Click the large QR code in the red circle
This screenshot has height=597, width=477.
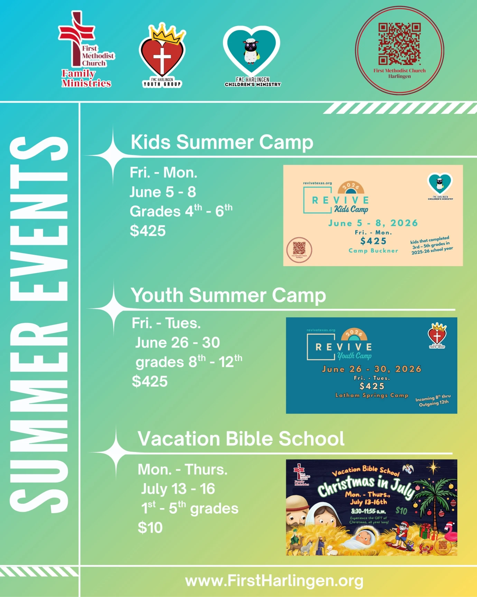pyautogui.click(x=399, y=44)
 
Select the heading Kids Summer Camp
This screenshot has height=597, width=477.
pyautogui.click(x=222, y=142)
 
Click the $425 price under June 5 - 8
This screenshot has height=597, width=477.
pyautogui.click(x=148, y=231)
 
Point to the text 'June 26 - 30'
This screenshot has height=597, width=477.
pyautogui.click(x=177, y=343)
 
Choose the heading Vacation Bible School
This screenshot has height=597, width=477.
pyautogui.click(x=241, y=438)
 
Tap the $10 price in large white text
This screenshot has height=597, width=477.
pyautogui.click(x=150, y=527)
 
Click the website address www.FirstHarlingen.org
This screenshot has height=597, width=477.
pyautogui.click(x=274, y=581)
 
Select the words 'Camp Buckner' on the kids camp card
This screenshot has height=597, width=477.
pyautogui.click(x=373, y=251)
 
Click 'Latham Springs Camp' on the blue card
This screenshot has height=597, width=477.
pyautogui.click(x=372, y=395)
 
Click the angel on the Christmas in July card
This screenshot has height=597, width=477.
pyautogui.click(x=408, y=469)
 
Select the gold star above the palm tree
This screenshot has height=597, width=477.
pyautogui.click(x=433, y=467)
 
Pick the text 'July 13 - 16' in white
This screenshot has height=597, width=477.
pyautogui.click(x=178, y=489)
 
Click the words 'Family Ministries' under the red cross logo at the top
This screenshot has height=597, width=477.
pyautogui.click(x=86, y=78)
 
